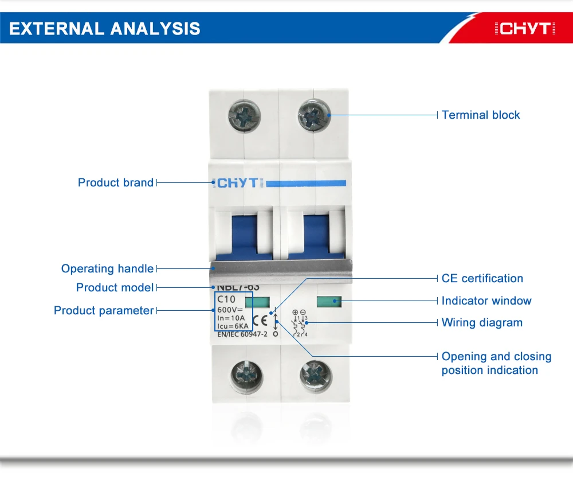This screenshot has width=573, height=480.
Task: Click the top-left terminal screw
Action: pyautogui.click(x=244, y=115)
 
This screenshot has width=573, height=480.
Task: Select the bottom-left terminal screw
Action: pyautogui.click(x=244, y=376)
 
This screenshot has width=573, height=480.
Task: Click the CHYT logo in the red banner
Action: pyautogui.click(x=524, y=28)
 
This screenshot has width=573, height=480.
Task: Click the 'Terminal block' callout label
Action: pyautogui.click(x=481, y=115)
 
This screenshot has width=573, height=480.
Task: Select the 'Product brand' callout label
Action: pyautogui.click(x=116, y=182)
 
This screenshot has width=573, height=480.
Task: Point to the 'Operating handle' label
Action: pyautogui.click(x=107, y=268)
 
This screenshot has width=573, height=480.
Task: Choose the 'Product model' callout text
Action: pyautogui.click(x=115, y=287)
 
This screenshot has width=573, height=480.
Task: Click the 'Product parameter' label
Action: pyautogui.click(x=104, y=310)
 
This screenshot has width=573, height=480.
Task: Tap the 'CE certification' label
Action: pyautogui.click(x=482, y=278)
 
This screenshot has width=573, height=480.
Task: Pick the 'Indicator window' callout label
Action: pyautogui.click(x=486, y=301)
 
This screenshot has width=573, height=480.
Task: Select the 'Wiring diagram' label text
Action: pyautogui.click(x=482, y=322)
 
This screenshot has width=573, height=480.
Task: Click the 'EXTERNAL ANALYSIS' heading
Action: pyautogui.click(x=105, y=28)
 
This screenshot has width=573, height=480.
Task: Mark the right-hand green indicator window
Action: pyautogui.click(x=328, y=301)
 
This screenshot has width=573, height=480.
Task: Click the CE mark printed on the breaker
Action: pyautogui.click(x=259, y=319)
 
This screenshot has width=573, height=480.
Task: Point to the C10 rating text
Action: pyautogui.click(x=226, y=299)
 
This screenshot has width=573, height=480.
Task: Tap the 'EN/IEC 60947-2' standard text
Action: pyautogui.click(x=242, y=334)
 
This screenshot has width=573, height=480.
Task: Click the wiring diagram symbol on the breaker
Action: pyautogui.click(x=300, y=323)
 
